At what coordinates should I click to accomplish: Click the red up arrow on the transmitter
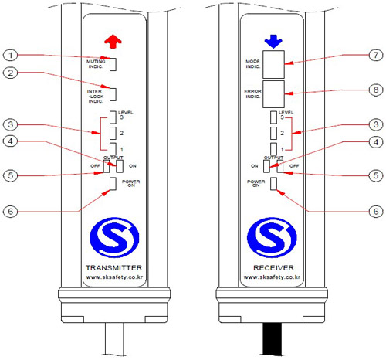[x=113, y=42]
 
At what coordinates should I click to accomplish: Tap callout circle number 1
[x=10, y=55]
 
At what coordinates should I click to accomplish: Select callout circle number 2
[x=10, y=73]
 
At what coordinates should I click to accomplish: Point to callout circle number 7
[x=376, y=55]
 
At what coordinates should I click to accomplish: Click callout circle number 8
[x=376, y=90]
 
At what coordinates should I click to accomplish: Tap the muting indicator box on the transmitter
[x=113, y=64]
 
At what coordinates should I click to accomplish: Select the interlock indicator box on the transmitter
[x=113, y=94]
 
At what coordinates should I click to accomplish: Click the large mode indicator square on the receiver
[x=273, y=64]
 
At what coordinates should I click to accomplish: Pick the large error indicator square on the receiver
[x=273, y=94]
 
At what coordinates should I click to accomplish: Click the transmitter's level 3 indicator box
[x=113, y=117]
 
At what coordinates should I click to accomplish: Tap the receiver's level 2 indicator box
[x=273, y=133]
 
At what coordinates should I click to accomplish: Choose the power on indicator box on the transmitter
[x=113, y=184]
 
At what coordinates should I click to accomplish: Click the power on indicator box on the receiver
[x=273, y=184]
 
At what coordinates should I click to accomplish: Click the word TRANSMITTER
[x=113, y=268]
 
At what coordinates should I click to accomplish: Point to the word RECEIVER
[x=273, y=268]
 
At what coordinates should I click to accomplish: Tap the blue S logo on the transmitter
[x=114, y=237]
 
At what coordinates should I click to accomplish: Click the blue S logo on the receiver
[x=272, y=237]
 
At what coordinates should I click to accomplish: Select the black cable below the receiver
[x=272, y=339]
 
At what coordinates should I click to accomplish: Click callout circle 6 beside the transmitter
[x=10, y=212]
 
